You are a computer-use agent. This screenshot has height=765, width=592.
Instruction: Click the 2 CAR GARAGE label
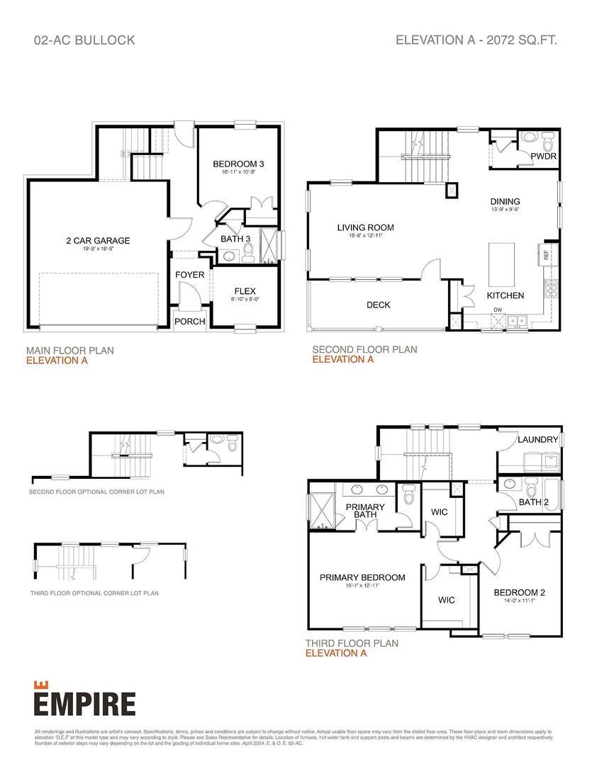pos(98,240)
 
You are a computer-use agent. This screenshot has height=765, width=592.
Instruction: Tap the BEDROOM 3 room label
pos(238,164)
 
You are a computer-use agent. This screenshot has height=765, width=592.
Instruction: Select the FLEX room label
pos(245,291)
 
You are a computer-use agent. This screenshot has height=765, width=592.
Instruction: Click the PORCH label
pos(189,321)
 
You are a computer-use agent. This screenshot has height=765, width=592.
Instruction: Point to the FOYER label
pos(190,274)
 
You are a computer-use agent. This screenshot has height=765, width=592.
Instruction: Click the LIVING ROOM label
pos(365,227)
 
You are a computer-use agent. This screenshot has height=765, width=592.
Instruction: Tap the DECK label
pos(379,305)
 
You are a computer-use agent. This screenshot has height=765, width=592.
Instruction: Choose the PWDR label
pos(543,155)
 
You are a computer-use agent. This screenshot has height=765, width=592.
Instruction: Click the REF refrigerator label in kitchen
pos(546,254)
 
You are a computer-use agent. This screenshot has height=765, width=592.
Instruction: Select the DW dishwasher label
pos(498,310)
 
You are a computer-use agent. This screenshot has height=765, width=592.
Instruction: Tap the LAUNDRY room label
pos(538,440)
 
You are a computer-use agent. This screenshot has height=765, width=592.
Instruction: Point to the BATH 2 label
pos(534,502)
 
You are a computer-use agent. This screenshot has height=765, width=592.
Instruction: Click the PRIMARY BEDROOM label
pos(362,577)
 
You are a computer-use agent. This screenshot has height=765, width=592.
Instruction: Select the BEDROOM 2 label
pos(520,592)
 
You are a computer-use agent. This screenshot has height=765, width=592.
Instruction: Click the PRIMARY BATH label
pos(365,511)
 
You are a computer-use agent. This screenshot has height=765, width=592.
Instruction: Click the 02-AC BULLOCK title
pos(84,40)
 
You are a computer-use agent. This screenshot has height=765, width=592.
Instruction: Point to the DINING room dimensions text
pos(504,210)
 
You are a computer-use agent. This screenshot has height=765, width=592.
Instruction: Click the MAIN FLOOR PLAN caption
pos(69,350)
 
